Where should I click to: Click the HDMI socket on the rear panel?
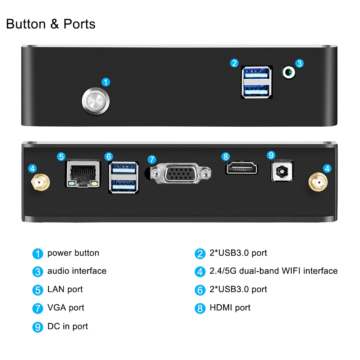[242, 168]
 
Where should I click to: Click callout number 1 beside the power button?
[105, 82]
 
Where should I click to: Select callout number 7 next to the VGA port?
[152, 159]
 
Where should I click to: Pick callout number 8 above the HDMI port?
[226, 156]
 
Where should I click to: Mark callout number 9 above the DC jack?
[271, 155]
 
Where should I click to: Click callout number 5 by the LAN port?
[62, 156]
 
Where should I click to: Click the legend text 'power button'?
[73, 253]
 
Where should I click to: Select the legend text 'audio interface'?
[77, 271]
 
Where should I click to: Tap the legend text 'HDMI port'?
[230, 308]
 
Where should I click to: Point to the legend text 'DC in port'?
[68, 327]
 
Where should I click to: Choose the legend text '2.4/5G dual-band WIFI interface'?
[274, 271]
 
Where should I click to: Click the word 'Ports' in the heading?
[80, 24]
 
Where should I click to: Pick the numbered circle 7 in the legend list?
[37, 309]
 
